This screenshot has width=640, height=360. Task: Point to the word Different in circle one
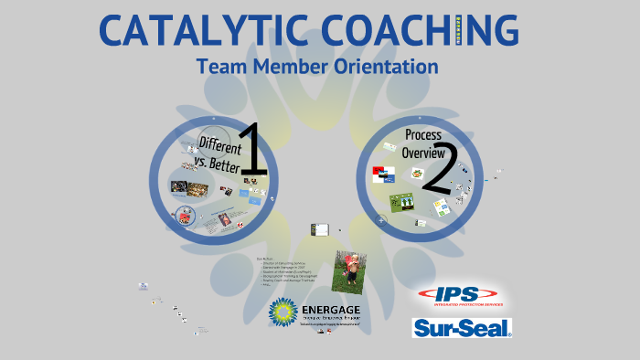pos(220,145)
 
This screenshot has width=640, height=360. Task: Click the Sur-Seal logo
pos(462,327)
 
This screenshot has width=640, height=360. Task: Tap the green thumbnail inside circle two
pos(400,201)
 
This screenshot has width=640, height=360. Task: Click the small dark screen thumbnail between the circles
pos(319,229)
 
